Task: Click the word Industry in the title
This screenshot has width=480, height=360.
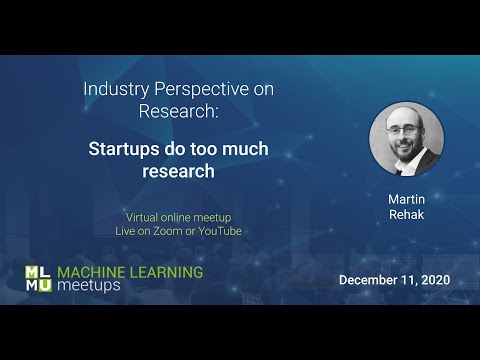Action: pyautogui.click(x=113, y=88)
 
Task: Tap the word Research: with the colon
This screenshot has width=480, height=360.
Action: pyautogui.click(x=179, y=110)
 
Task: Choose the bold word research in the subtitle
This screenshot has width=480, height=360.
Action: pyautogui.click(x=179, y=171)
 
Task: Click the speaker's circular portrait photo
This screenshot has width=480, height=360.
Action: pyautogui.click(x=406, y=139)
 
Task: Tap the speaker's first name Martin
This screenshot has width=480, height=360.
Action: pyautogui.click(x=406, y=199)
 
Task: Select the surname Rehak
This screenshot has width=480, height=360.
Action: pyautogui.click(x=406, y=215)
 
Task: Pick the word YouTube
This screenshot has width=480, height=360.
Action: pyautogui.click(x=218, y=231)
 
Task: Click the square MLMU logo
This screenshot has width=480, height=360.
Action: pyautogui.click(x=37, y=279)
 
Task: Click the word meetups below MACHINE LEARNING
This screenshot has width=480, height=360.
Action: pyautogui.click(x=88, y=286)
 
